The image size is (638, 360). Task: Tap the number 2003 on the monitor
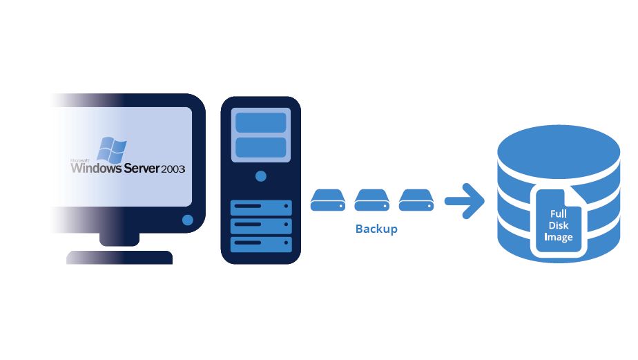(x=173, y=169)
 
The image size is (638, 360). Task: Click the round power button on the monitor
(x=187, y=220)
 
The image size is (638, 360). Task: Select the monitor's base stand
(x=119, y=257)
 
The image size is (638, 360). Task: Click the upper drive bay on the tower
(x=260, y=122)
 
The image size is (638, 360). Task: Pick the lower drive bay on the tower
(x=260, y=147)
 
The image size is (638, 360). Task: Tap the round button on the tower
(x=260, y=177)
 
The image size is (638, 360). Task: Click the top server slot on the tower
(x=260, y=207)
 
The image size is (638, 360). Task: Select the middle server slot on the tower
(x=260, y=226)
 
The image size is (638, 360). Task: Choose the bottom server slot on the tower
(x=260, y=245)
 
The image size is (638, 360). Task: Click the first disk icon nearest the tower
(x=327, y=200)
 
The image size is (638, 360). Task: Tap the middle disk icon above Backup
(x=371, y=200)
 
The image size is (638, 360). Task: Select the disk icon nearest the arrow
(x=416, y=200)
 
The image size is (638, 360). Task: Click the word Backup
(x=376, y=229)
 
